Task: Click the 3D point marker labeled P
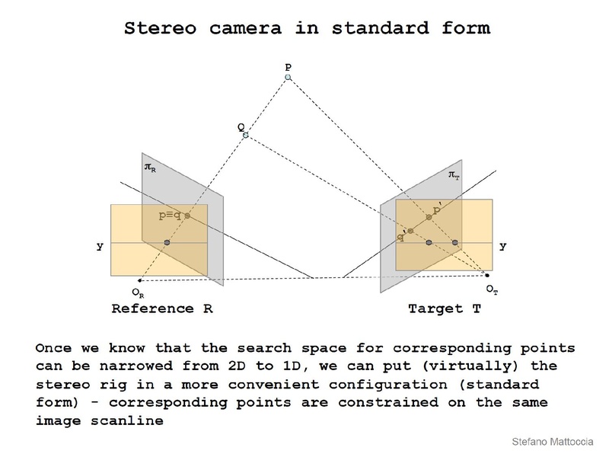288,78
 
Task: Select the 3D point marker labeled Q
245,135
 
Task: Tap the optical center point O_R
139,280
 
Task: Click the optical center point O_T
487,275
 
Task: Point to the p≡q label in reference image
170,216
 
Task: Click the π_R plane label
150,168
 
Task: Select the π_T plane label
454,175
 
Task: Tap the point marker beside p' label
429,217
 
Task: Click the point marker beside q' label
410,231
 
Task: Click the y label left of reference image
100,246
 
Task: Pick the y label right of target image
503,246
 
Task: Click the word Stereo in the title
161,28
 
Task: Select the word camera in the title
245,29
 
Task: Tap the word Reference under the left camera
153,308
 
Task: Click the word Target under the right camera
435,309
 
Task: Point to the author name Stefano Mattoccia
553,442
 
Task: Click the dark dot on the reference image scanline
167,242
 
